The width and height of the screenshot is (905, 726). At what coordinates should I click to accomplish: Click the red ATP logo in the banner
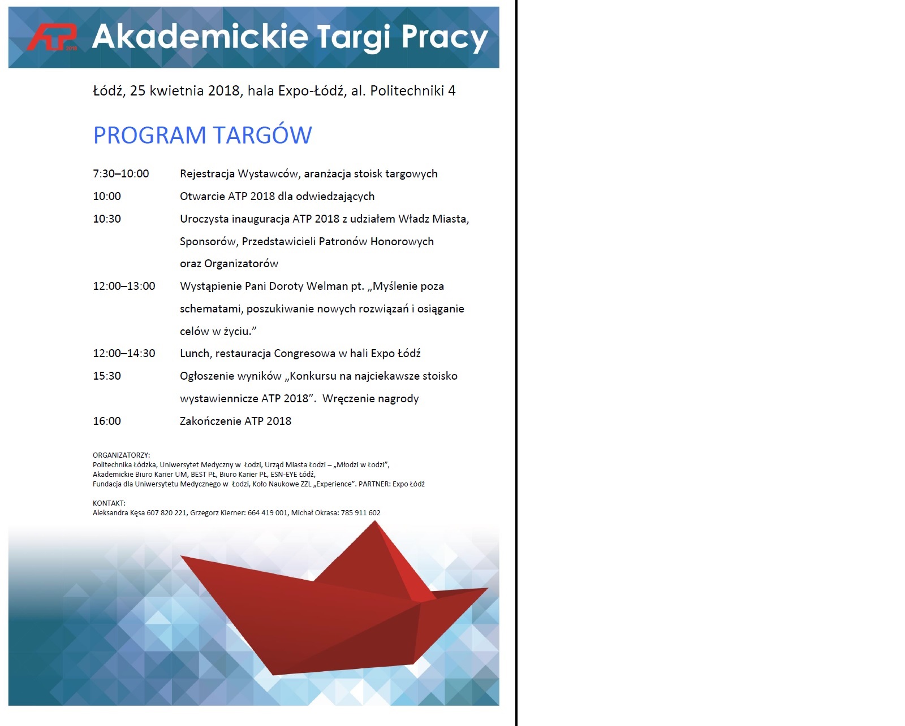(x=52, y=37)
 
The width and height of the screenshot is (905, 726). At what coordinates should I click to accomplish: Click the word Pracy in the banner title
(x=445, y=37)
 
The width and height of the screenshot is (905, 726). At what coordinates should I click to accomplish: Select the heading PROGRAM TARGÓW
(x=202, y=136)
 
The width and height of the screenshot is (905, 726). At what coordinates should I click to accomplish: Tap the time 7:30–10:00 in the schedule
(x=121, y=174)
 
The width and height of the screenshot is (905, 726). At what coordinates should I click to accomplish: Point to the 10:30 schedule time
(x=107, y=219)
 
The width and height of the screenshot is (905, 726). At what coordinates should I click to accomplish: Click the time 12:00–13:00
(x=124, y=286)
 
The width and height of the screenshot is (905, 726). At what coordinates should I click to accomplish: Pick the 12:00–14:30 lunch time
(x=124, y=354)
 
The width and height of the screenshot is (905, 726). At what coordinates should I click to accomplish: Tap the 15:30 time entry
(x=107, y=376)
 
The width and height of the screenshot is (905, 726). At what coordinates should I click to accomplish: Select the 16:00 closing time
(x=107, y=421)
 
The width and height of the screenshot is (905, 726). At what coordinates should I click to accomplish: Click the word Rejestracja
(x=207, y=174)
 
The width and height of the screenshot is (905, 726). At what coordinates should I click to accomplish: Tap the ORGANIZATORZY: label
(x=121, y=455)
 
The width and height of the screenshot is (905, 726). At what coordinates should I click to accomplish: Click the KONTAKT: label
(x=109, y=503)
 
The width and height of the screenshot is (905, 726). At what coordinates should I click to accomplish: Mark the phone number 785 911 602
(x=360, y=513)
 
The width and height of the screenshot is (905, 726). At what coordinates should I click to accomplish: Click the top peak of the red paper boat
(x=374, y=523)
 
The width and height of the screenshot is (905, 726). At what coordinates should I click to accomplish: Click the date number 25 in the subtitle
(x=137, y=91)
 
